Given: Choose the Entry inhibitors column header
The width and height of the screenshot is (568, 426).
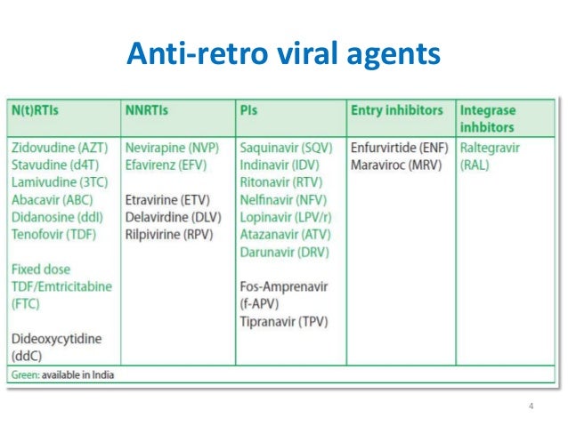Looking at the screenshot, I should (x=397, y=110).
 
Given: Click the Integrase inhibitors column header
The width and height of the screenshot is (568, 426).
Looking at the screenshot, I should (x=488, y=118).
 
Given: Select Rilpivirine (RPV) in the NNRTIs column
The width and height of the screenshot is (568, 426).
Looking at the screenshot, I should (x=173, y=234).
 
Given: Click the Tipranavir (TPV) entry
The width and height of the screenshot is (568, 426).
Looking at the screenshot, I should (x=285, y=319).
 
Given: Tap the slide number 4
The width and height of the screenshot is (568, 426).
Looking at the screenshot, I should (x=531, y=406).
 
